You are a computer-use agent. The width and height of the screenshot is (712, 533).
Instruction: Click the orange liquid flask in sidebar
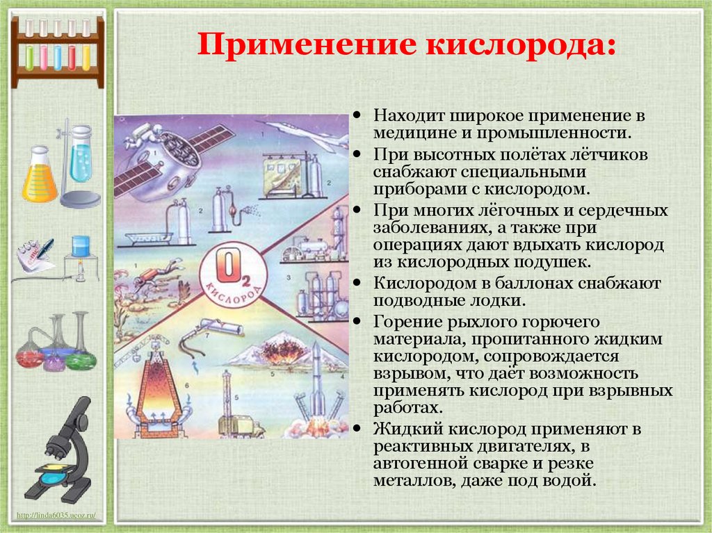pyautogui.click(x=39, y=177)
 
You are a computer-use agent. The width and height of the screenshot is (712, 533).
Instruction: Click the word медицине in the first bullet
pyautogui.click(x=411, y=132)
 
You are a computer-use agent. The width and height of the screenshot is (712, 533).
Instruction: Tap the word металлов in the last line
pyautogui.click(x=412, y=480)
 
